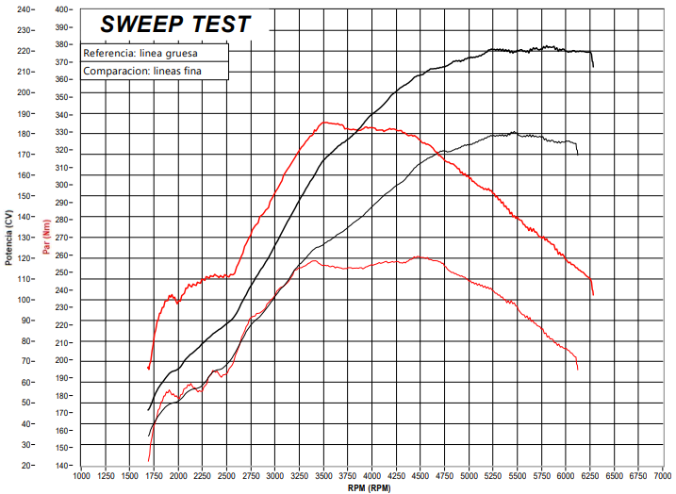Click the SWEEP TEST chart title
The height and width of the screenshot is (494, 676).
tap(175, 25)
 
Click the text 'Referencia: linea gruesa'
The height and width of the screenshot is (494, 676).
tap(140, 54)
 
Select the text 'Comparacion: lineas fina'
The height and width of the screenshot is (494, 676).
tap(142, 71)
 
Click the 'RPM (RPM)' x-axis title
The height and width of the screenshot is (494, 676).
tap(370, 488)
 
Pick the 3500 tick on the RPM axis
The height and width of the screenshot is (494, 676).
tap(323, 476)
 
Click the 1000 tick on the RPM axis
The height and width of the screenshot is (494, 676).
tap(81, 476)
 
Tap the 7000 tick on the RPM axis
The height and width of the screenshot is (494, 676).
tap(663, 476)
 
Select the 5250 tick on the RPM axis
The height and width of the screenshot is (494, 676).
tap(493, 476)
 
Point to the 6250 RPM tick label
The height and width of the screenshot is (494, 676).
tap(590, 476)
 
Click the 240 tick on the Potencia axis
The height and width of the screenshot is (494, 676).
tap(23, 9)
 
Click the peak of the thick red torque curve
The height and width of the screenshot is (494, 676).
tap(325, 122)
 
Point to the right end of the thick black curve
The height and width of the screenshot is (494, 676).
tap(593, 67)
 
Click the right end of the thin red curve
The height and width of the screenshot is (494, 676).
tap(578, 370)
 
